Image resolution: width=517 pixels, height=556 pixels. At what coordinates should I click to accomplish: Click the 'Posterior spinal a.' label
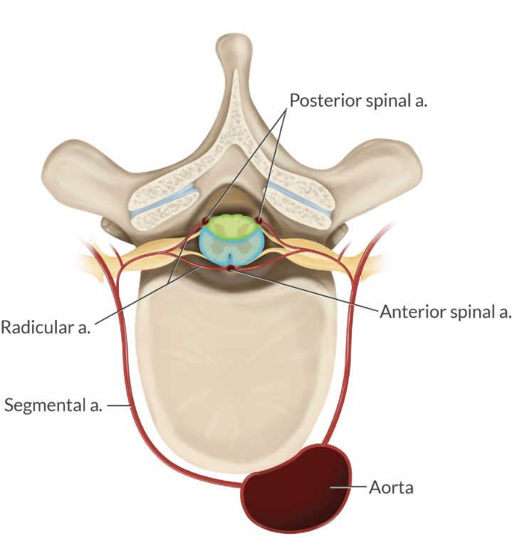tap(357, 100)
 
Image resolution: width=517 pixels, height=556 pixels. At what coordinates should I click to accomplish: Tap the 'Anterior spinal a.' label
tap(446, 312)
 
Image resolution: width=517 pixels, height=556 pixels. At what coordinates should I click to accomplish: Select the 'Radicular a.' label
tap(46, 329)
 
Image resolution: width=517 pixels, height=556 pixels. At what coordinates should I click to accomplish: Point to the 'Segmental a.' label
tap(54, 406)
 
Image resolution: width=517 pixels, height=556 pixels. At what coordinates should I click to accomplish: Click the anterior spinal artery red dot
tap(231, 269)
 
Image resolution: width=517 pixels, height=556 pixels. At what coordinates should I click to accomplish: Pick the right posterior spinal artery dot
tap(258, 220)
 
